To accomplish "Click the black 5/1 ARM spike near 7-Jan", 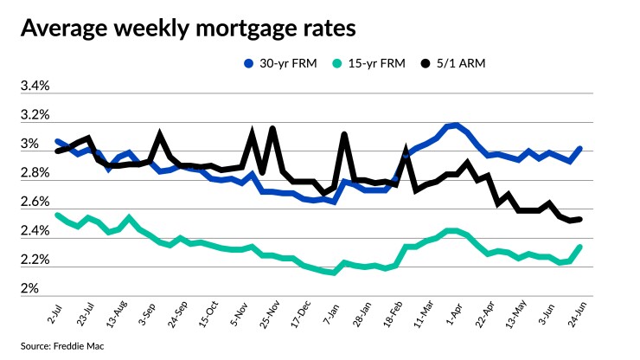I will [344, 135].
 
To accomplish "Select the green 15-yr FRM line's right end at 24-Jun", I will [579, 247].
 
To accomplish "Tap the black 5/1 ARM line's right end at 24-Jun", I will [579, 219].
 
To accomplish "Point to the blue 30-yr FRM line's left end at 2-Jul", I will [57, 141].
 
